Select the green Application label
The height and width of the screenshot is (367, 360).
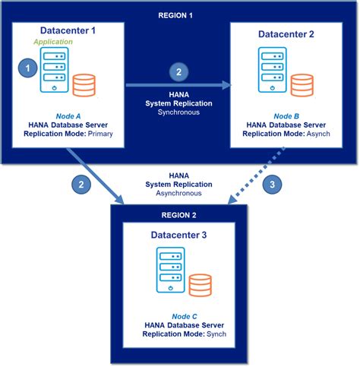pyautogui.click(x=52, y=42)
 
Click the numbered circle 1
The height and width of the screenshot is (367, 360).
pyautogui.click(x=27, y=68)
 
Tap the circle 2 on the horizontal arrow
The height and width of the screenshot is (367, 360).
pyautogui.click(x=178, y=73)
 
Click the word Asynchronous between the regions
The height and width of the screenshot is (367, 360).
pyautogui.click(x=178, y=193)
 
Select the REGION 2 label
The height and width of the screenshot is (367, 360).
pyautogui.click(x=178, y=215)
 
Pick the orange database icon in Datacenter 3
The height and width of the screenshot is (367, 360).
pyautogui.click(x=200, y=286)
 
